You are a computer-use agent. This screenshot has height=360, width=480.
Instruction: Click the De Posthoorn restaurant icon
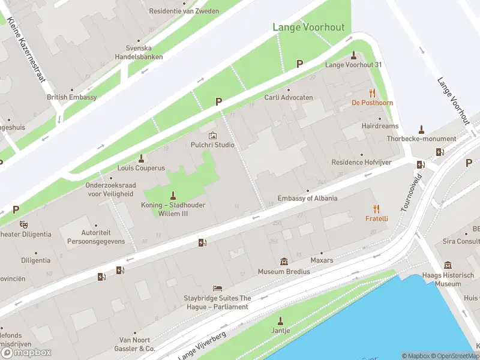(x=372, y=93)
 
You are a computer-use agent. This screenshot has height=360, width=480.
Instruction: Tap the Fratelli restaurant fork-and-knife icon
(x=377, y=209)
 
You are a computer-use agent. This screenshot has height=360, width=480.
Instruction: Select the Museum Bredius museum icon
(x=284, y=262)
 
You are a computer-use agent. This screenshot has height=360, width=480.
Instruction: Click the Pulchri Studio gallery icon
(x=212, y=136)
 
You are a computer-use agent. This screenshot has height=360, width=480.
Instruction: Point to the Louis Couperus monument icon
(x=142, y=158)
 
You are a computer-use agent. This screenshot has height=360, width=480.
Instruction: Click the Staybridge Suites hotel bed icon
(x=217, y=289)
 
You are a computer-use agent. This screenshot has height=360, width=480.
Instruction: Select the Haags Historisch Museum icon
(x=448, y=265)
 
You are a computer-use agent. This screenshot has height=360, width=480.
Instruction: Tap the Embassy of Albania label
(x=307, y=199)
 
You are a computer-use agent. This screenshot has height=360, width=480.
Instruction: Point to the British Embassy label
(x=72, y=97)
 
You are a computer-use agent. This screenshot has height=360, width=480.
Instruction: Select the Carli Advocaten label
(x=289, y=97)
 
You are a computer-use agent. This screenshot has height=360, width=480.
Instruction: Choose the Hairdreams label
(x=380, y=127)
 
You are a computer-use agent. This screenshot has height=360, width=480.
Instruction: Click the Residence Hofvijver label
(x=356, y=163)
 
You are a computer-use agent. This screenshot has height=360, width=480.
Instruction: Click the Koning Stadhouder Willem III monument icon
(x=173, y=195)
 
